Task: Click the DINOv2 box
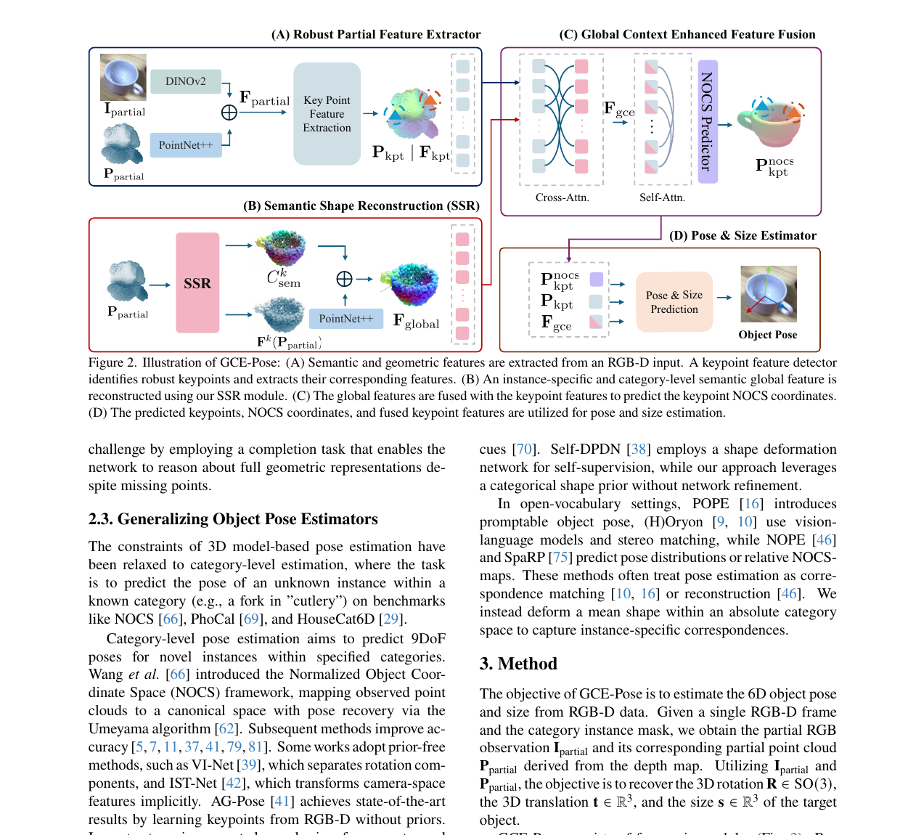coord(186,81)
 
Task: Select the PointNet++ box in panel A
coord(186,144)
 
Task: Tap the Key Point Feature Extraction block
coord(327,114)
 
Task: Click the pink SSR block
coord(197,282)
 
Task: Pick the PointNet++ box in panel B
coord(345,319)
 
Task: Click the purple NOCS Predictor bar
coord(708,121)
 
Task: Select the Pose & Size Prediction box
coord(674,301)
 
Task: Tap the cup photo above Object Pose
coord(768,294)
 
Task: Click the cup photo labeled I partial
coord(123,77)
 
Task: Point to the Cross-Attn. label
coord(562,197)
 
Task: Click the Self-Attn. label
coord(662,197)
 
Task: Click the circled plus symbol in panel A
coord(229,112)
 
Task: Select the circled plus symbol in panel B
coord(345,279)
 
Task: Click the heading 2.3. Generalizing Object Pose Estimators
coord(233,519)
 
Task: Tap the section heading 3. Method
coord(518,664)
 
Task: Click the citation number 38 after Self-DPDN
coord(639,449)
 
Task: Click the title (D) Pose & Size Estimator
coord(742,235)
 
